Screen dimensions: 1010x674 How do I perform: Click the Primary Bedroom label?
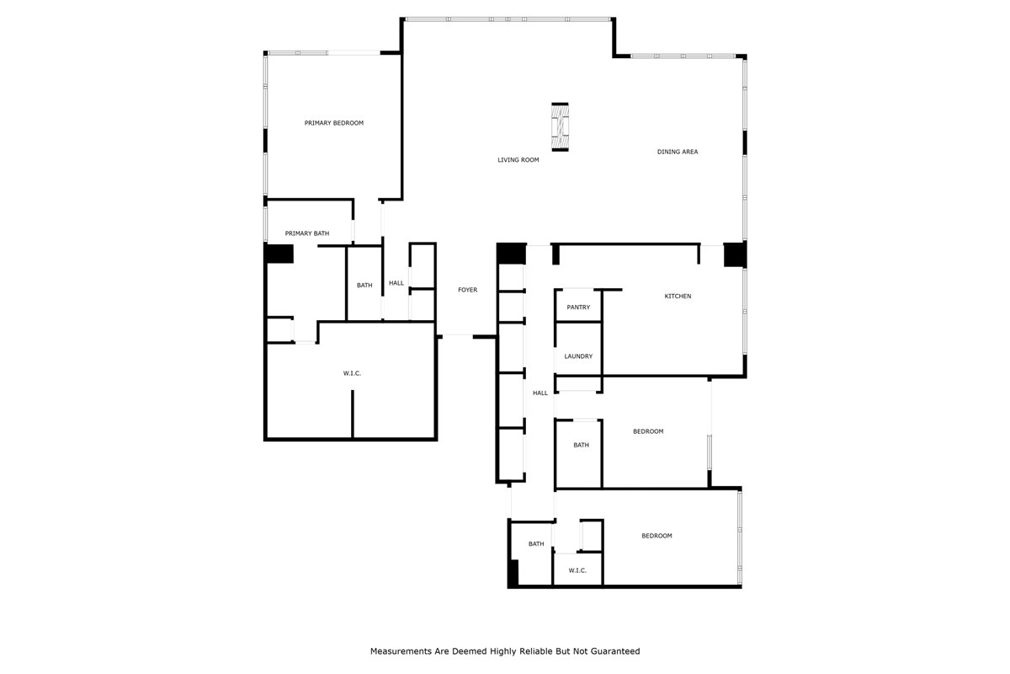(333, 123)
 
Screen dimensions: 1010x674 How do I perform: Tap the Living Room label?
(518, 160)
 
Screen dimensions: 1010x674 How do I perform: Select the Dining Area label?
(678, 152)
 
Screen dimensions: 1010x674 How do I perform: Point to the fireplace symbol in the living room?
(560, 127)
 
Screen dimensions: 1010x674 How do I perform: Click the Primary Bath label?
(307, 233)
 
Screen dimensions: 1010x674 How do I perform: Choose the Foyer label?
(468, 290)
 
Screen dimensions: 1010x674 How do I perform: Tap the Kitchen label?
(678, 297)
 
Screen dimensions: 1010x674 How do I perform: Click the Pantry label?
(578, 308)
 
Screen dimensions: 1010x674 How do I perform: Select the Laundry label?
(578, 356)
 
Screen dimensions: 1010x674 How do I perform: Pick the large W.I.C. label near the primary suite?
(352, 373)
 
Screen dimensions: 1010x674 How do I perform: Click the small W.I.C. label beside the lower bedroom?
(577, 570)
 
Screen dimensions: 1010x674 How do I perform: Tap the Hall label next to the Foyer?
(396, 283)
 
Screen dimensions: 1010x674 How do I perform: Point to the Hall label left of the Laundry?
(540, 393)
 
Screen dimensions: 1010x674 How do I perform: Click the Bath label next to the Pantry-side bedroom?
(582, 445)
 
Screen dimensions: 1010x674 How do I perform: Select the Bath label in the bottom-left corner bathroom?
(536, 544)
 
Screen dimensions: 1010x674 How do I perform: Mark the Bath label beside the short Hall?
(364, 286)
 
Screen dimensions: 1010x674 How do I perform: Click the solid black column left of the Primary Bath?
(279, 254)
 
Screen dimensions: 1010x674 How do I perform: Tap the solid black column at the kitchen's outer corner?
(735, 254)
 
